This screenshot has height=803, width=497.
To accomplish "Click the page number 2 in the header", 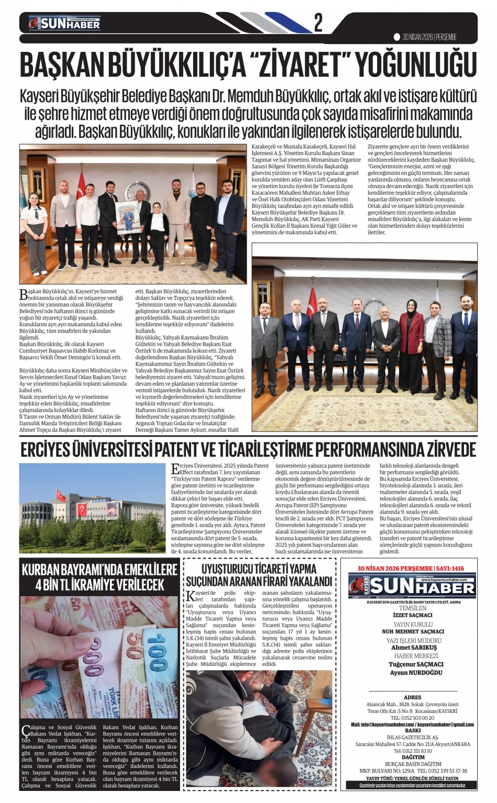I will pyautogui.click(x=319, y=22).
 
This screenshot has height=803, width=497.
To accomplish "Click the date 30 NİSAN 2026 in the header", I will pyautogui.click(x=417, y=37).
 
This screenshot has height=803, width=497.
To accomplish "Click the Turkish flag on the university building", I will pyautogui.click(x=61, y=494).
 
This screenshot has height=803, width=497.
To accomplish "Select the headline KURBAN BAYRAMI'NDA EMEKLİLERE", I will pyautogui.click(x=99, y=570).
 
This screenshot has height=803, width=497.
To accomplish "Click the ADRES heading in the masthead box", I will pyautogui.click(x=413, y=697).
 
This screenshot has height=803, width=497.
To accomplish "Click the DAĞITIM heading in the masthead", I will pyautogui.click(x=413, y=757).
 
